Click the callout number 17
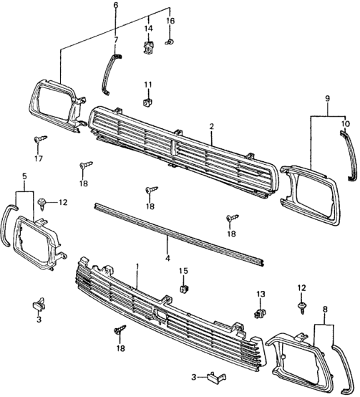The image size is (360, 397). click(39, 158)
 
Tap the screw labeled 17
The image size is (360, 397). click(41, 139)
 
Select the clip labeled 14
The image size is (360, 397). click(149, 47)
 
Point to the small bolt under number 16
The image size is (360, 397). click(169, 42)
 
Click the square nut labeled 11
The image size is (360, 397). click(148, 102)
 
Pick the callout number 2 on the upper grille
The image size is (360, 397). click(212, 126)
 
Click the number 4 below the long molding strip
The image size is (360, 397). click(167, 258)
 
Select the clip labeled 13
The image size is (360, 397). click(260, 313)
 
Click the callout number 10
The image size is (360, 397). click(346, 124)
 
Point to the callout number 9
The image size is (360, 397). click(327, 98)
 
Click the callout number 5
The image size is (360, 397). click(24, 176)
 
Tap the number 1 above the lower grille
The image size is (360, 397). click(137, 267)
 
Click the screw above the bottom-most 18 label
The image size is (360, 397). click(120, 330)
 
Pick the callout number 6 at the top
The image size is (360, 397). click(116, 5)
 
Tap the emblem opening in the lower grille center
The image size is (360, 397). click(160, 315)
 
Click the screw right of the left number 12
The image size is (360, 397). click(42, 204)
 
